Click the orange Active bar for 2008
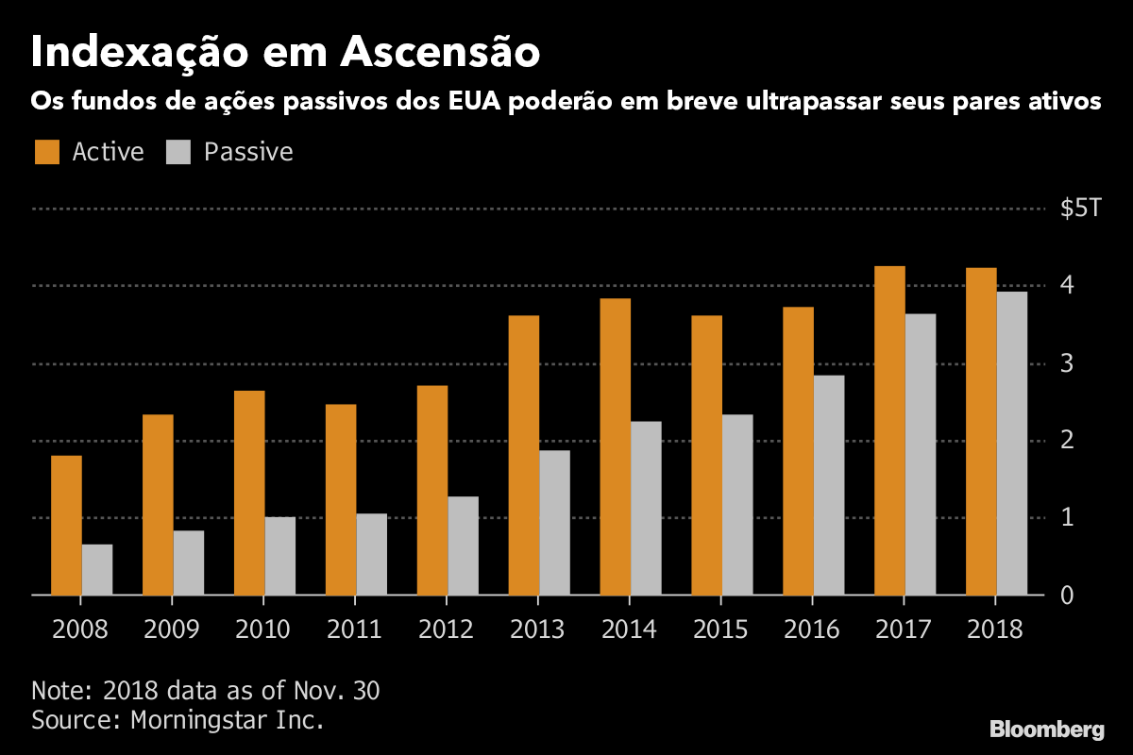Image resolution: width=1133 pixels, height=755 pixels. [x=66, y=525]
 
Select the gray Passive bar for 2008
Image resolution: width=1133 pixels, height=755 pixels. [x=97, y=569]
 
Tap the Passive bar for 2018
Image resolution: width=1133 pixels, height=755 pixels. [x=1012, y=444]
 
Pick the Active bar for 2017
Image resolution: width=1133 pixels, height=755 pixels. [x=889, y=430]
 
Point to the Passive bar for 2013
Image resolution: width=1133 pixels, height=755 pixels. [x=554, y=523]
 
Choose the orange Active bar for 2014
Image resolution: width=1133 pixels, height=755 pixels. [x=615, y=446]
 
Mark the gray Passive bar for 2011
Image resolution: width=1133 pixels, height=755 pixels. [x=371, y=554]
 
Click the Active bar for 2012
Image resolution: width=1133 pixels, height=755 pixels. [x=431, y=490]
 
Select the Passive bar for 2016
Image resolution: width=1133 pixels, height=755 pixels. [x=829, y=485]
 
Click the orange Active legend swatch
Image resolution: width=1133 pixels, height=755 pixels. [x=46, y=152]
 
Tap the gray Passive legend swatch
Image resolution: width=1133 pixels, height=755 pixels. [x=178, y=152]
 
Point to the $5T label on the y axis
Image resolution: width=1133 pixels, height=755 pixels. [x=1080, y=209]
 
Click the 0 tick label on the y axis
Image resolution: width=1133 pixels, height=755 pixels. [x=1067, y=596]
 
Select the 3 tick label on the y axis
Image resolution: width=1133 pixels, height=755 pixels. [x=1067, y=363]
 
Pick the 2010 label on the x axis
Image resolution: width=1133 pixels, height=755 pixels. [x=262, y=629]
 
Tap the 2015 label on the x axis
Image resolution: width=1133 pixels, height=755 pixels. [x=721, y=629]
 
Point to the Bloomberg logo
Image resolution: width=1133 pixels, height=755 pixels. [x=1046, y=729]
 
